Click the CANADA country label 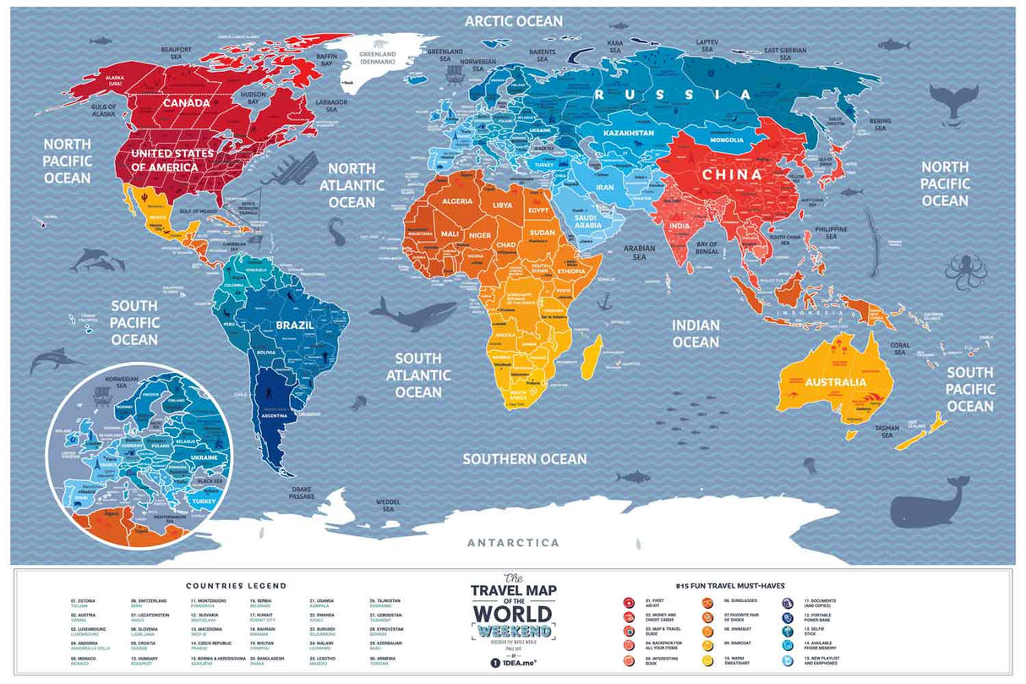click(x=186, y=102)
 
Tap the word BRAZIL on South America click(x=294, y=325)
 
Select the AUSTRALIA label click(x=835, y=382)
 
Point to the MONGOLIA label click(x=727, y=140)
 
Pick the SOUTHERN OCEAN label click(x=524, y=459)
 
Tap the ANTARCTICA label click(x=514, y=542)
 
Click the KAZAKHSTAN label click(x=628, y=134)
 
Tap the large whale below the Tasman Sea click(x=930, y=505)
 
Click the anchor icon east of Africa click(x=604, y=300)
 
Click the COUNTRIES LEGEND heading click(x=237, y=585)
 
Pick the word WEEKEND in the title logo click(x=513, y=631)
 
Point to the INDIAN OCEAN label click(x=696, y=333)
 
